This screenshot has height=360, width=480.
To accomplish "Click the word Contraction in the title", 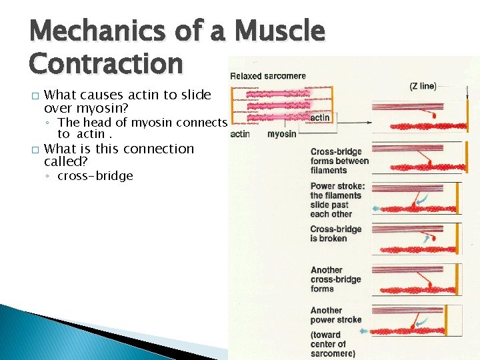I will pos(105,64).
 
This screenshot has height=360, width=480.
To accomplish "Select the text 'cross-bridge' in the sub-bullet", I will pos(95,176).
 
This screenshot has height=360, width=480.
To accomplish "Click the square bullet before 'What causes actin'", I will pos(34,96).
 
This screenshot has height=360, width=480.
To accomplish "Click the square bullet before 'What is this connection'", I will pos(34,149).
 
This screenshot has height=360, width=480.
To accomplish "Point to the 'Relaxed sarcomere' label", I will pos(267,76).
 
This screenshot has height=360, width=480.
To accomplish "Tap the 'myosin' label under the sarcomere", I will pos(282,133).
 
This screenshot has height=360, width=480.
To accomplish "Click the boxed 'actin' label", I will pos(319,117).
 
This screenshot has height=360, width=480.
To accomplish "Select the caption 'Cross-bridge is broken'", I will pos(336,233).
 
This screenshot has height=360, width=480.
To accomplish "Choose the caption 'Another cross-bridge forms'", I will pos(336,279).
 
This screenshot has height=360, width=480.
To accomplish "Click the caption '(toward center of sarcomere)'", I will pos(333,344).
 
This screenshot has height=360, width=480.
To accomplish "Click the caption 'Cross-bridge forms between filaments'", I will pos(339,161).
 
